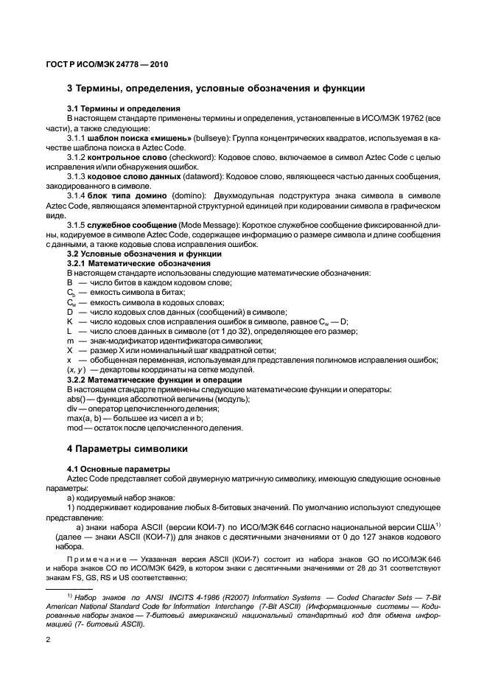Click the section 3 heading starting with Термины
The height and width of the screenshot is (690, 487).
click(216, 89)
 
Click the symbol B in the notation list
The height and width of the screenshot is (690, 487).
click(69, 282)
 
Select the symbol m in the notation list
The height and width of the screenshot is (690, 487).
click(70, 341)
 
